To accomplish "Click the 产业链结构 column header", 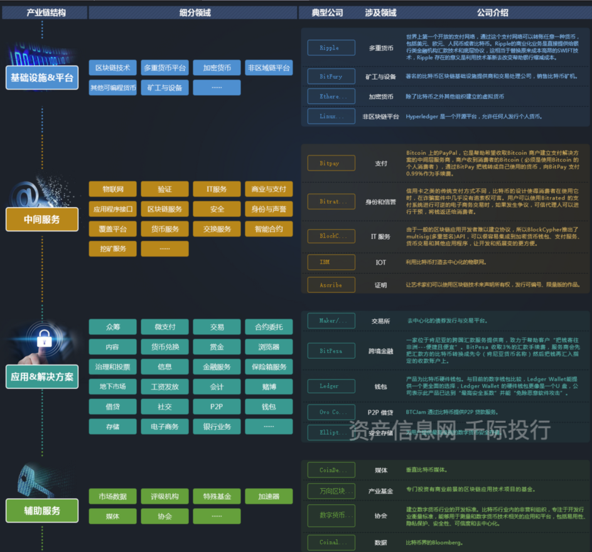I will (x=43, y=13).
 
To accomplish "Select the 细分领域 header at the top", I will (x=193, y=13).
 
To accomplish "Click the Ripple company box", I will (x=331, y=48).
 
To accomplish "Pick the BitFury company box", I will (x=331, y=77).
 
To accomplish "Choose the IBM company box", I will (x=331, y=262).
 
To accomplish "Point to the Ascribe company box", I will (x=331, y=284).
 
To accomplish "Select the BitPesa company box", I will (x=331, y=351).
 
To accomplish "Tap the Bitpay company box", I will (x=331, y=163).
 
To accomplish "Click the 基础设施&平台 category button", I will (x=42, y=78).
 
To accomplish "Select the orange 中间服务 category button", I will (x=42, y=220).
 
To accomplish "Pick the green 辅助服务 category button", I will (x=42, y=511).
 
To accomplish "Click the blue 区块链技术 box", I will (x=112, y=68).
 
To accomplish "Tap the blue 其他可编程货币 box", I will (x=112, y=87).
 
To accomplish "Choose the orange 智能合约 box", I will (x=269, y=229).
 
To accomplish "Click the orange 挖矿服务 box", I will (x=112, y=248).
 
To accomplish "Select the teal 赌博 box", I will (x=269, y=386).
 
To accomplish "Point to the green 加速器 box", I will (x=269, y=496).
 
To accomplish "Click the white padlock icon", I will (x=44, y=339).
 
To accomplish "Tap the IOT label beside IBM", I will (x=381, y=262).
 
